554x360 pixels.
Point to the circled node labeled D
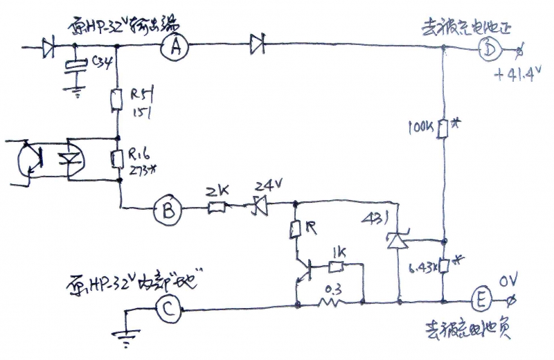[490, 49]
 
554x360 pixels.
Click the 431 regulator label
[374, 219]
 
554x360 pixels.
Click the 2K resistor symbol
[217, 206]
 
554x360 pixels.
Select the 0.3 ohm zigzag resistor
[331, 302]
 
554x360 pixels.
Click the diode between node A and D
[257, 46]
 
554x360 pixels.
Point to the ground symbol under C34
[75, 91]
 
